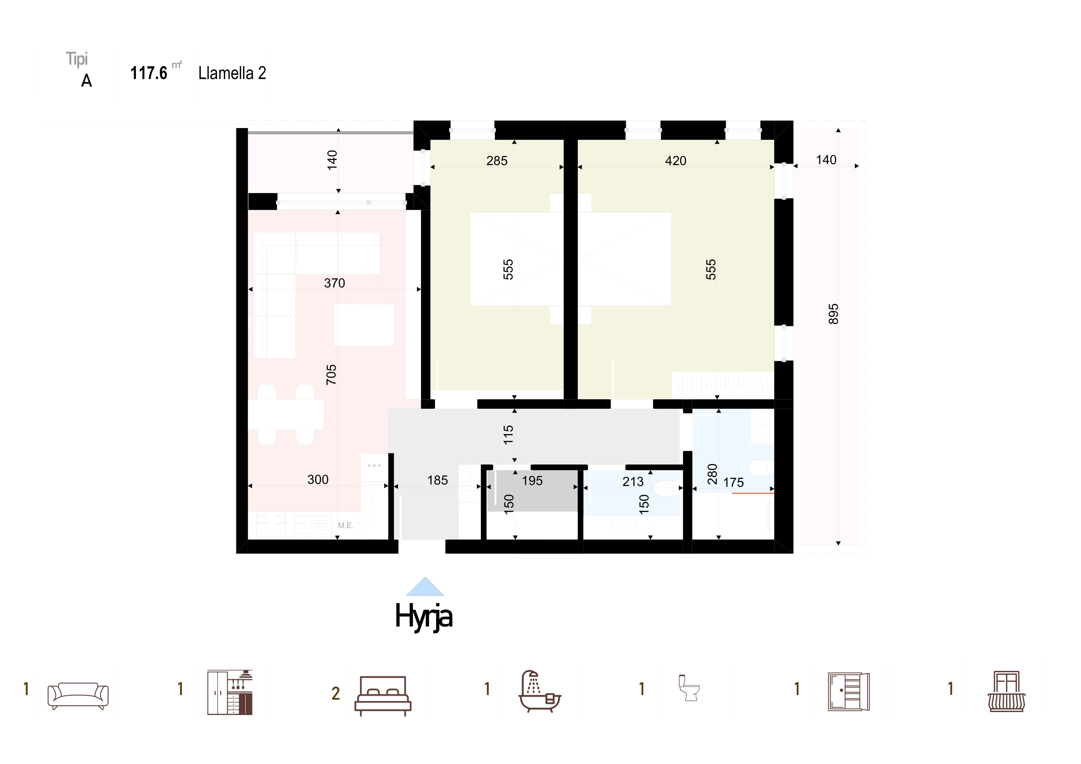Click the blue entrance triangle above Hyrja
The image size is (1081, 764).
[425, 587]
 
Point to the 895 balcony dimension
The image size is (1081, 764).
[833, 314]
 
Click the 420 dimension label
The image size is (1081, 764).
[676, 161]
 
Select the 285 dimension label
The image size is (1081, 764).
[497, 161]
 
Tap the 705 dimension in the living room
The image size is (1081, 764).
[331, 375]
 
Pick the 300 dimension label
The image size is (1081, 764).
[318, 480]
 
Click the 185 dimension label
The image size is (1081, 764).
[437, 480]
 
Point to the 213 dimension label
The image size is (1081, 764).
[633, 481]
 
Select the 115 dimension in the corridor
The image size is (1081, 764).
[508, 435]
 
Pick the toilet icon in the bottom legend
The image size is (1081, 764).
[689, 688]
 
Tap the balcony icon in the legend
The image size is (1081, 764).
[1006, 691]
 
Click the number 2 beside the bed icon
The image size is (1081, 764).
[336, 693]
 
